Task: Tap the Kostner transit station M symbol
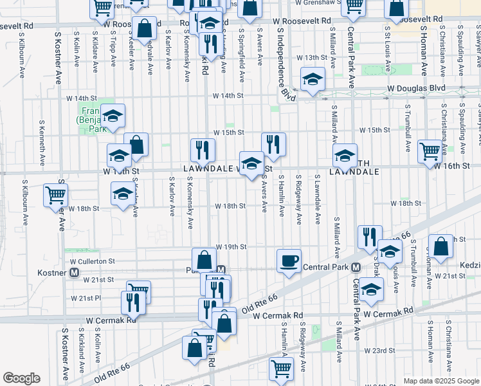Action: click(75, 273)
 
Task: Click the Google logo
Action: click(21, 378)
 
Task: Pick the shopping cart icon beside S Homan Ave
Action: click(430, 152)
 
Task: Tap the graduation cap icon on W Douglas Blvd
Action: click(313, 79)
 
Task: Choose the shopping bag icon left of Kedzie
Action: click(440, 246)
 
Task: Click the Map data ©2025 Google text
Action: click(440, 381)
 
